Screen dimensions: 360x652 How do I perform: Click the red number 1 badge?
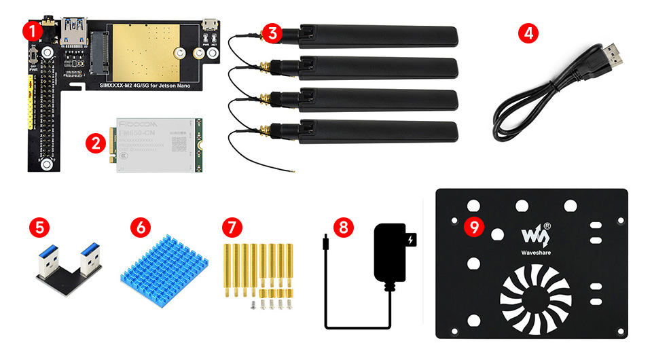31,31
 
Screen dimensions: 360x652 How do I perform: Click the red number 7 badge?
232,226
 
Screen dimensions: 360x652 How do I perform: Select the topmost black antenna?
376,35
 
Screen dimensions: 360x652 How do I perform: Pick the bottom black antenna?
376,130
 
